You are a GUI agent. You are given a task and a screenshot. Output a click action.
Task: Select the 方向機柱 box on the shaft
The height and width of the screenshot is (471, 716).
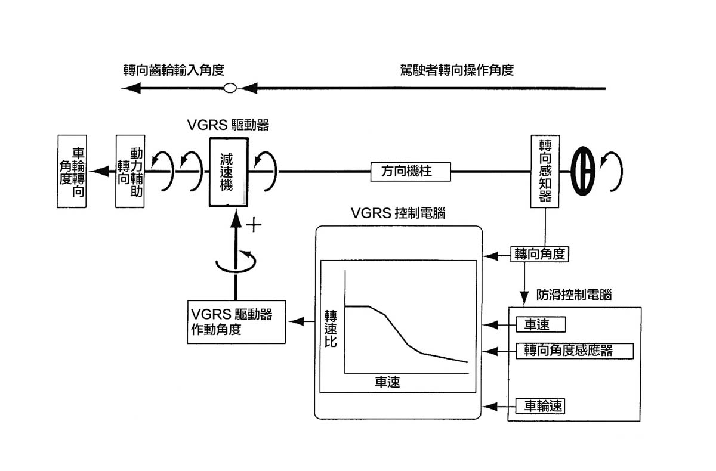[x=411, y=172]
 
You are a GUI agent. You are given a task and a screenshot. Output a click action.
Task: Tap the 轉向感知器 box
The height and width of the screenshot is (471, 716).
[x=545, y=172]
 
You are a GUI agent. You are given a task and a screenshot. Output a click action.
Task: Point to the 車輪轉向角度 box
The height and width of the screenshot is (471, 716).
[x=72, y=172]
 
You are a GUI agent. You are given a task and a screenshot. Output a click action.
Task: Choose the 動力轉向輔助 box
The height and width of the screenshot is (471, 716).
[x=130, y=172]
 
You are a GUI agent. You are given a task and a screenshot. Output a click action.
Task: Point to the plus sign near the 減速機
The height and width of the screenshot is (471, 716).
[x=255, y=225]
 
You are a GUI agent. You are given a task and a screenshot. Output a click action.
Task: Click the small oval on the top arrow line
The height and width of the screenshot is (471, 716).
[x=230, y=89]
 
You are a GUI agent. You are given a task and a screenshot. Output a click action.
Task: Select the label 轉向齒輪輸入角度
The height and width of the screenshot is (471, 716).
[x=173, y=70]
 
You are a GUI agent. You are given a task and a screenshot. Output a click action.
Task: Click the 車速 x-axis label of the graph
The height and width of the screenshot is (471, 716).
[x=388, y=382]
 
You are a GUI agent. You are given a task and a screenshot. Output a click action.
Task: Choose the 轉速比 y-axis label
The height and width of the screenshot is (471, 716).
[x=331, y=329]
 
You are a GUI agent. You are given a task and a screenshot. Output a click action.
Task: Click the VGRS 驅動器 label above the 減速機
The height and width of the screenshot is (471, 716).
[x=228, y=125]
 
